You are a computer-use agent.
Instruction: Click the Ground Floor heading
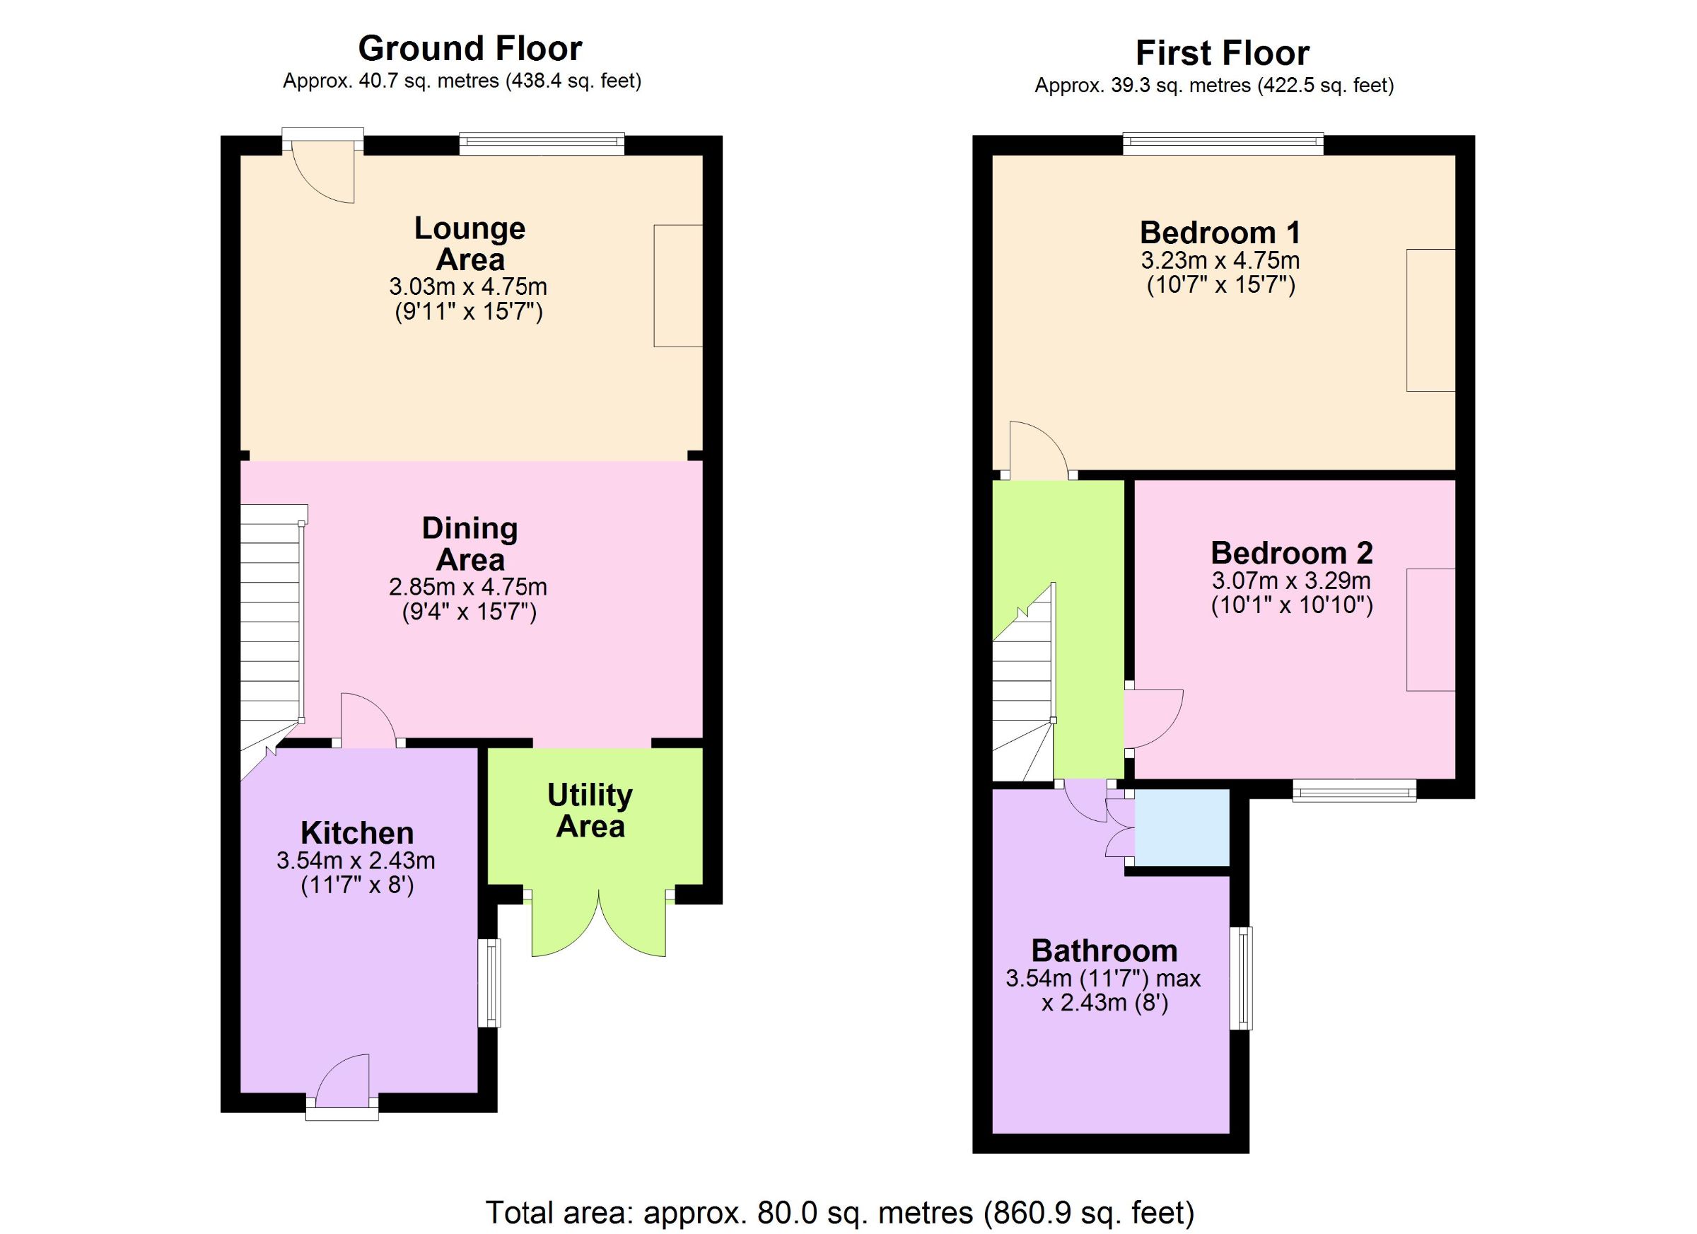click(x=470, y=50)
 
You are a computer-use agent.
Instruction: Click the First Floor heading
click(x=1223, y=54)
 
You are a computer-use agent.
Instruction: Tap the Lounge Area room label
click(x=470, y=244)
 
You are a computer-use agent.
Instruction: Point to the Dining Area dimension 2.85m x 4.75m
click(x=467, y=586)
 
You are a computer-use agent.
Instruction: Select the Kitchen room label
click(x=357, y=833)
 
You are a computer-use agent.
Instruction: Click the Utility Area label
click(x=590, y=810)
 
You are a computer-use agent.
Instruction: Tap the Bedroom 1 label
click(x=1220, y=233)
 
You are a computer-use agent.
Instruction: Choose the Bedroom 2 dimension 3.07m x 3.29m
click(x=1291, y=581)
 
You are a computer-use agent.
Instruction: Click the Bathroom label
click(x=1104, y=951)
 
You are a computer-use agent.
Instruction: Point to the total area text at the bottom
click(x=840, y=1212)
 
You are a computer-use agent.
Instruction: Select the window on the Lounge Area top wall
click(x=542, y=144)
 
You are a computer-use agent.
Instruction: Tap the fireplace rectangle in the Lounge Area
click(x=678, y=286)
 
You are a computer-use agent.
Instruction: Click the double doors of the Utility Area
click(x=599, y=924)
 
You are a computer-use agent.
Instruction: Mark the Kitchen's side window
click(x=489, y=982)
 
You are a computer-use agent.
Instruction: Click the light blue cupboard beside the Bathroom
click(x=1182, y=827)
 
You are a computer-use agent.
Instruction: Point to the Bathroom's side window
click(x=1242, y=978)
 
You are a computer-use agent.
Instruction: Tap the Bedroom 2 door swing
click(x=1154, y=718)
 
